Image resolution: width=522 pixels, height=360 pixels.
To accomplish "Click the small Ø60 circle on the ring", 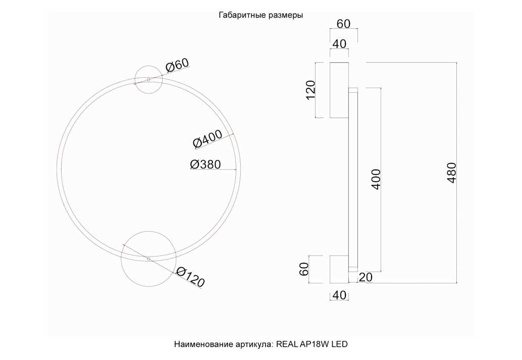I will point(148,80).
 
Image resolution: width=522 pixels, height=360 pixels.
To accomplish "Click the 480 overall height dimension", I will point(452,173).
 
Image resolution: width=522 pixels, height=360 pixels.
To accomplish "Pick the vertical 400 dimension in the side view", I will point(376,179).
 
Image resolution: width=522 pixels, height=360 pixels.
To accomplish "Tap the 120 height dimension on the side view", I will point(310,90).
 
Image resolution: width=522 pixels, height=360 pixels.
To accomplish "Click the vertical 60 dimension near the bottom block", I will point(304,269).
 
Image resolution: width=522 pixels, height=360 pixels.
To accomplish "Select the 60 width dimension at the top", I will point(343,24).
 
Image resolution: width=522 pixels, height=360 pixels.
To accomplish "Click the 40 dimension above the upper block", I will point(339,44).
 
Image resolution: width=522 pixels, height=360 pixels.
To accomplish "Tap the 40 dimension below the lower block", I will point(339,295).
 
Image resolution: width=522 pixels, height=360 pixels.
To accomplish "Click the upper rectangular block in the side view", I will point(339,90).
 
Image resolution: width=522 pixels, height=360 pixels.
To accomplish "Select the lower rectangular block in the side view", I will point(339,269).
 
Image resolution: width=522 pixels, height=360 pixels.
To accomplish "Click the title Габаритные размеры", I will point(260,15).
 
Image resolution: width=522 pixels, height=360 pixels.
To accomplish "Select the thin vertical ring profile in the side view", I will point(353,179).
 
